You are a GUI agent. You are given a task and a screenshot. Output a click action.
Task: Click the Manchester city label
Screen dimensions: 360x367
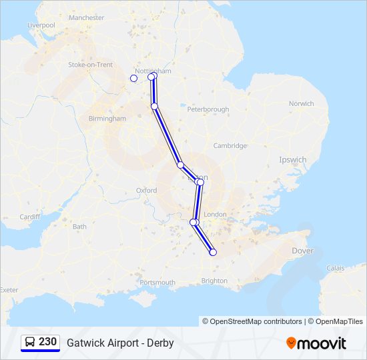click(x=87, y=17)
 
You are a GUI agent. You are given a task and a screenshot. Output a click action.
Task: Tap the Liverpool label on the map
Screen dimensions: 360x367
click(x=41, y=25)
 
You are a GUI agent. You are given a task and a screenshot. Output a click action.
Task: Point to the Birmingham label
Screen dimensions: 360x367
click(x=107, y=118)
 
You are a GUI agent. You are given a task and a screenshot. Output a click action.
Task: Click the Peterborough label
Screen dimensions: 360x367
click(x=208, y=109)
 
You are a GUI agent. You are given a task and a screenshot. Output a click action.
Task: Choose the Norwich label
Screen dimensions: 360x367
click(x=301, y=103)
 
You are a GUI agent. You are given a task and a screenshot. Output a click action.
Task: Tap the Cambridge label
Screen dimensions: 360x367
click(x=230, y=145)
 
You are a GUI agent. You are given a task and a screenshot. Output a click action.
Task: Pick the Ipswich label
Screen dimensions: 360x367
click(x=293, y=160)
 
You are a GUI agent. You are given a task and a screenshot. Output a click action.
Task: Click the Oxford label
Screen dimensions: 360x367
click(x=146, y=190)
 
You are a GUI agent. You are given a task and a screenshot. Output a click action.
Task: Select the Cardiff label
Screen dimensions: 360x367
click(x=30, y=217)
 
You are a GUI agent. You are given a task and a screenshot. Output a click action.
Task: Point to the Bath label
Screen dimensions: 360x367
click(x=79, y=227)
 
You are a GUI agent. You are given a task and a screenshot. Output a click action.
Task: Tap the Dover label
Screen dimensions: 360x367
click(x=302, y=251)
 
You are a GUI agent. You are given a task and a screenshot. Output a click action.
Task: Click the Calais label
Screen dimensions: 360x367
click(x=336, y=268)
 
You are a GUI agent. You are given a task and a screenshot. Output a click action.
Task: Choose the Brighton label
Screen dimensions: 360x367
click(x=214, y=281)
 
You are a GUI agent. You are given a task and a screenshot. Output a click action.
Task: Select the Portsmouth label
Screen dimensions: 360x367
click(x=157, y=283)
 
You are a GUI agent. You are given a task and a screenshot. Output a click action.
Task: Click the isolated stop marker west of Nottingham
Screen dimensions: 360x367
click(x=133, y=78)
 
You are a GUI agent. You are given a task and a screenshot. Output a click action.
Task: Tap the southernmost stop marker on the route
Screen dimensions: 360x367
click(x=213, y=252)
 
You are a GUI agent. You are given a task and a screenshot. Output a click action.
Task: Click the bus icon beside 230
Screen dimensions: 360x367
click(x=30, y=342)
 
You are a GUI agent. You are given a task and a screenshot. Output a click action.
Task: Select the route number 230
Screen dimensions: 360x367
click(x=47, y=342)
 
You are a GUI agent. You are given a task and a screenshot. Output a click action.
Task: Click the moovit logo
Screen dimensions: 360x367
click(x=316, y=343)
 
